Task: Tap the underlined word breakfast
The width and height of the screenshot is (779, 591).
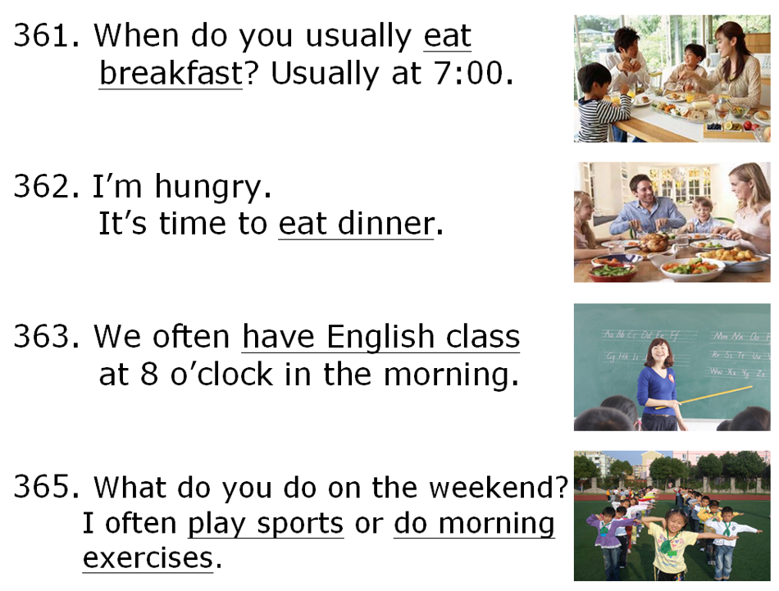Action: pyautogui.click(x=171, y=73)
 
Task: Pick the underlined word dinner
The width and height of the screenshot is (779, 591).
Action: pyautogui.click(x=386, y=224)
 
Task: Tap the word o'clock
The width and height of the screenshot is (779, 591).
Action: pyautogui.click(x=221, y=374)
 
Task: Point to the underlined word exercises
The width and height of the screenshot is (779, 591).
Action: pyautogui.click(x=148, y=558)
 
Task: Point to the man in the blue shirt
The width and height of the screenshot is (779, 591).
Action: pyautogui.click(x=646, y=207)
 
